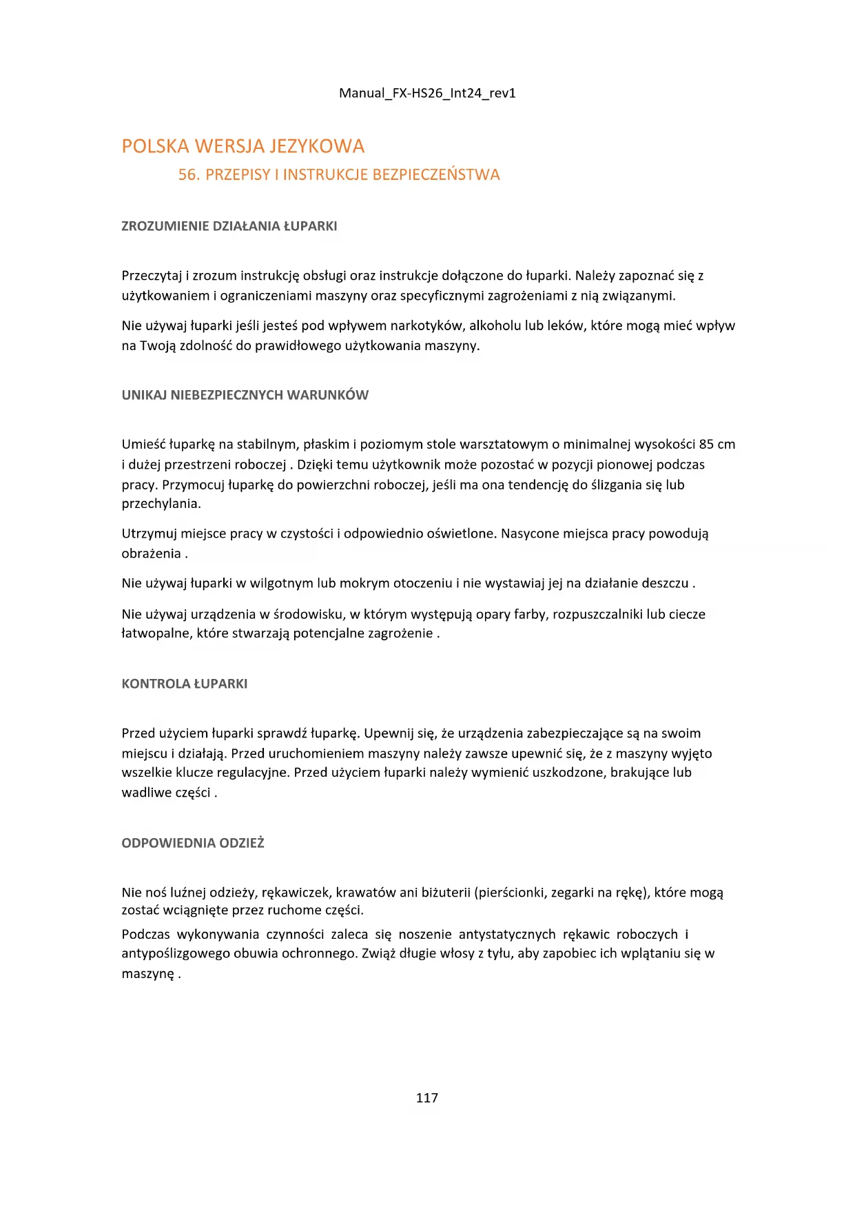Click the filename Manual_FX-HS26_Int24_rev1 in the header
427,93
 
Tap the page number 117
427,1098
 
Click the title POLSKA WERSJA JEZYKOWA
243,146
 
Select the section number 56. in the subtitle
189,175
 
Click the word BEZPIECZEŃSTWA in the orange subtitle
436,175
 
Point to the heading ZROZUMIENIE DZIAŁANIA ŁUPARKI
229,226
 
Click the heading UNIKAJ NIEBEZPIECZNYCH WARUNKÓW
245,395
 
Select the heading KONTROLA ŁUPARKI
185,684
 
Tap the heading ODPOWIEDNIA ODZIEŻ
193,843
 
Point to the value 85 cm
717,445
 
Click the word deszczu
665,583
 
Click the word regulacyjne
254,773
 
